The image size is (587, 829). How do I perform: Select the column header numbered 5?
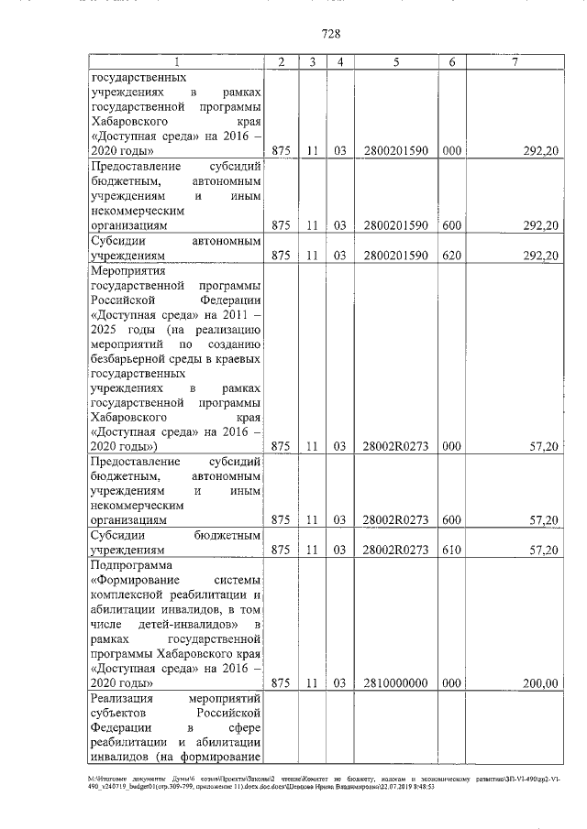point(395,62)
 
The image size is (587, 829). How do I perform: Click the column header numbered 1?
point(177,62)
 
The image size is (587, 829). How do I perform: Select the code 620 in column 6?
point(451,256)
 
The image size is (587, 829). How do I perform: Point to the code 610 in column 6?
point(451,550)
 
